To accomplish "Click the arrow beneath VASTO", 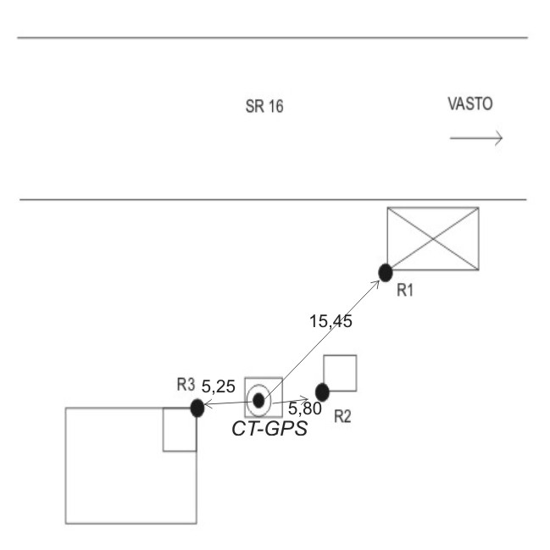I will [x=477, y=137].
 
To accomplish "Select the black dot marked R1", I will [x=385, y=272].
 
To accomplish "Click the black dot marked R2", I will [x=322, y=392].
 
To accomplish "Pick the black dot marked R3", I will [x=197, y=408].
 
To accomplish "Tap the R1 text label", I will [x=405, y=291].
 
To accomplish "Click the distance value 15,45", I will [x=330, y=321].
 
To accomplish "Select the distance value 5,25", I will [x=219, y=388].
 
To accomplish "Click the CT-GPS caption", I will [x=269, y=429].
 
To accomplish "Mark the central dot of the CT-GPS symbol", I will [x=259, y=398].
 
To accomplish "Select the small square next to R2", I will [x=340, y=373].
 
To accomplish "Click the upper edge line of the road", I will [x=271, y=38].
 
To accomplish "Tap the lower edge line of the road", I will [x=271, y=201].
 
